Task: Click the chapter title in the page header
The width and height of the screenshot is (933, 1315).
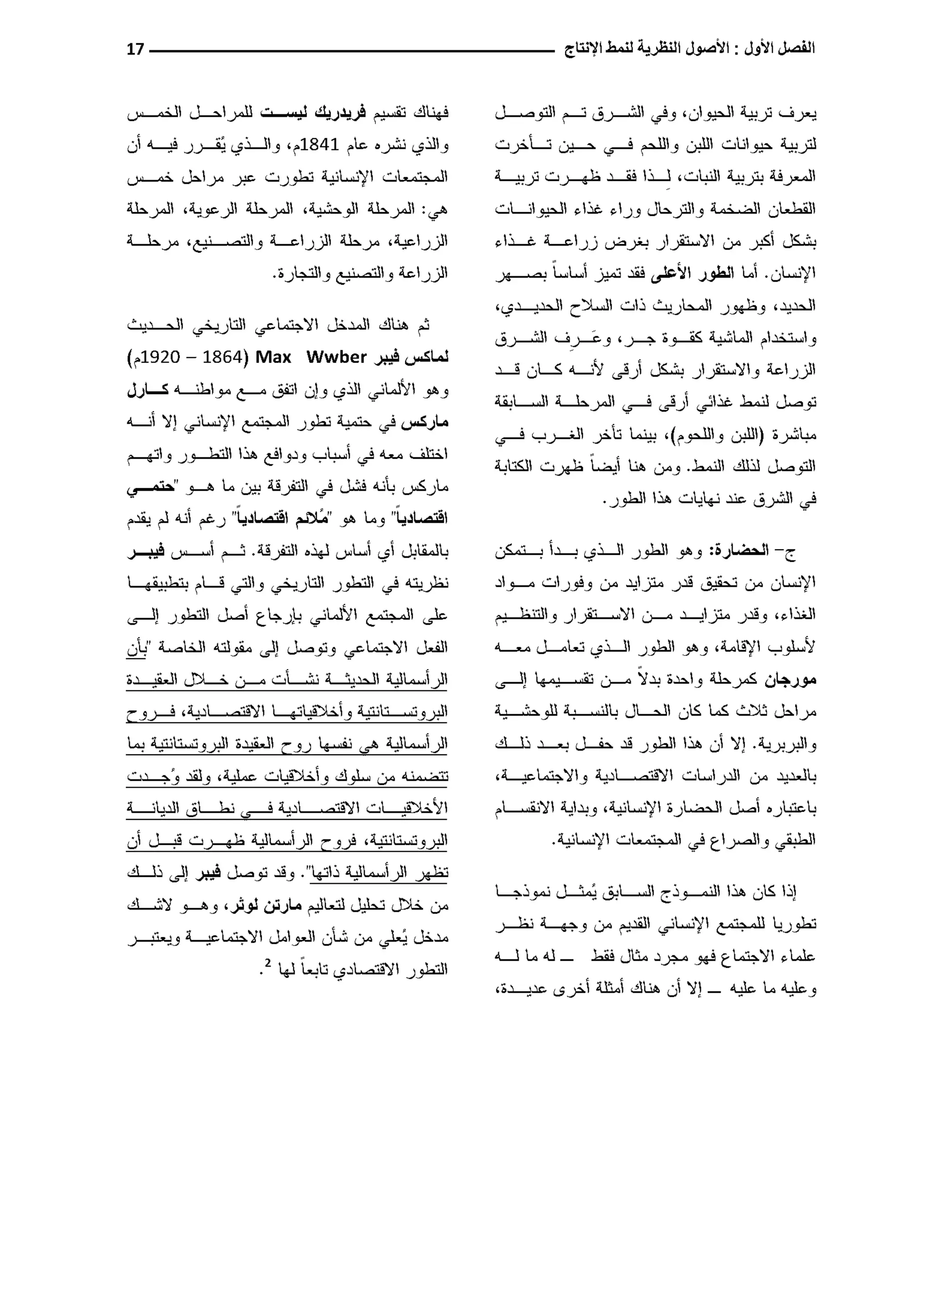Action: point(689,49)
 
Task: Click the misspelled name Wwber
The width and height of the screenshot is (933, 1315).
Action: point(337,358)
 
